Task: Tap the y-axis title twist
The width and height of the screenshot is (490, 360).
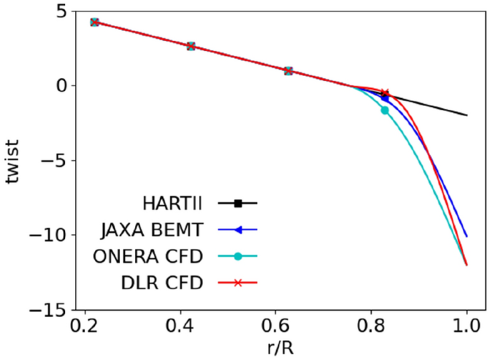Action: point(14,161)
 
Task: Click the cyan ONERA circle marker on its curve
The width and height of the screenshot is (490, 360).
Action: point(385,110)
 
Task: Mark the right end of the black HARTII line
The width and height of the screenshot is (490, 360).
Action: point(467,115)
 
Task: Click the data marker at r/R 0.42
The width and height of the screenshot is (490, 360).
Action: point(191,46)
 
